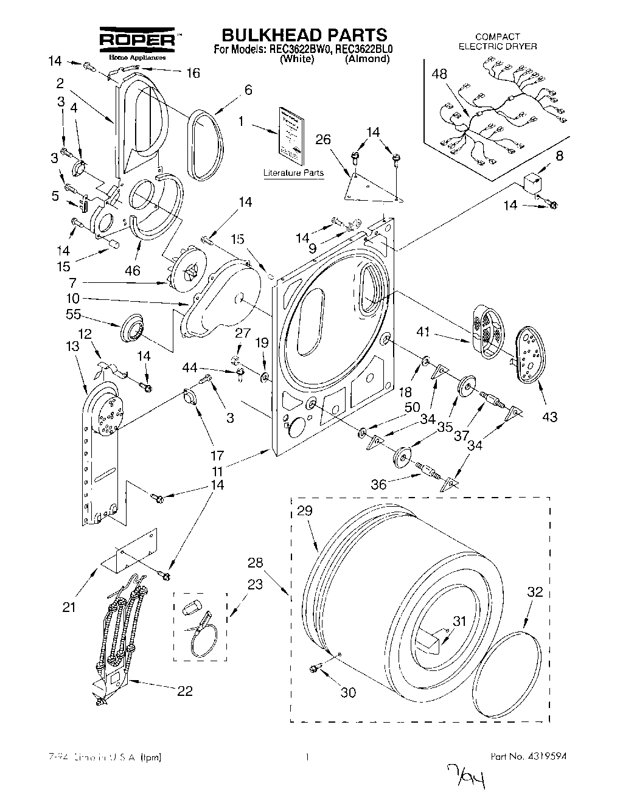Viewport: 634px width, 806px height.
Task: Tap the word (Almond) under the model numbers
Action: tap(366, 60)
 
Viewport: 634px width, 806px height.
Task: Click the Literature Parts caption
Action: tap(293, 173)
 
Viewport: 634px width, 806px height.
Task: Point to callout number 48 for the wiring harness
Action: tap(439, 74)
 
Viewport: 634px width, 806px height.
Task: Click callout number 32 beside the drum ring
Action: tap(535, 591)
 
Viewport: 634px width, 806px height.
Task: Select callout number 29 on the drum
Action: tap(305, 511)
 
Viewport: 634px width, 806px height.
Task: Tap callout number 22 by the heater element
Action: tap(184, 690)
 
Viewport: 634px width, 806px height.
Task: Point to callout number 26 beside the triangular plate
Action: tap(323, 141)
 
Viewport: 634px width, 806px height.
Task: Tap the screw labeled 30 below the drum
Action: tap(315, 669)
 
